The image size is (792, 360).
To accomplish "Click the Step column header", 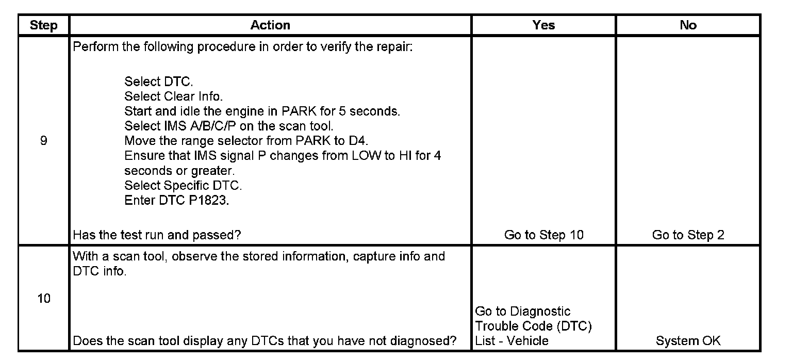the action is tap(43, 25).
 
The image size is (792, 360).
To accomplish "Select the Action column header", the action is tap(270, 25).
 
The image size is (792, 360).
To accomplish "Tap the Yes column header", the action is tap(543, 25).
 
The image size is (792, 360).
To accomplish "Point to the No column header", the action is tap(688, 25).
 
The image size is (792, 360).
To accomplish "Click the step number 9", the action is tap(43, 141).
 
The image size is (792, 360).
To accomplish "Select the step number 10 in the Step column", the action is tap(44, 299).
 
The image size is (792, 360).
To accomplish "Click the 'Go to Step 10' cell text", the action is tap(544, 235).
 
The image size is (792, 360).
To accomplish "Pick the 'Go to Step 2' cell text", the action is tap(688, 235).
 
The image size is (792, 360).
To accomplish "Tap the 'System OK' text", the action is tap(688, 340).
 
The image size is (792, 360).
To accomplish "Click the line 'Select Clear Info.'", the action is tap(173, 96).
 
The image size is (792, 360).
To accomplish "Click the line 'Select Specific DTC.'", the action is tap(183, 185).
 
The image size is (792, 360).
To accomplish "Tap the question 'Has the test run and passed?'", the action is tap(157, 235).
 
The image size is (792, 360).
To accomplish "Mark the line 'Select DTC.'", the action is tap(159, 81).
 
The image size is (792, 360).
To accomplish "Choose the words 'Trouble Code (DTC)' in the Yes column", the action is tap(533, 326).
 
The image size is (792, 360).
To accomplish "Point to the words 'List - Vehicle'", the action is tap(511, 340).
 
